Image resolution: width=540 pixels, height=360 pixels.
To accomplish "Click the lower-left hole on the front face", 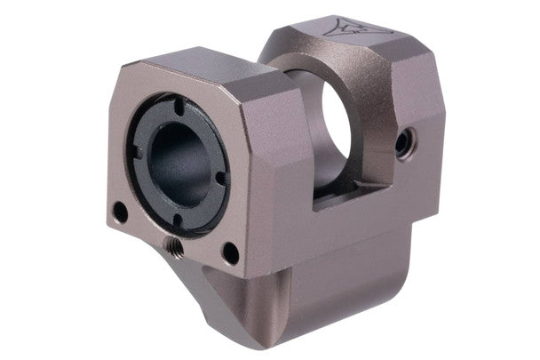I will coord(119,211).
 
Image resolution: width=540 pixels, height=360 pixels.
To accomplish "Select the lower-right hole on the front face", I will coord(230,253).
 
